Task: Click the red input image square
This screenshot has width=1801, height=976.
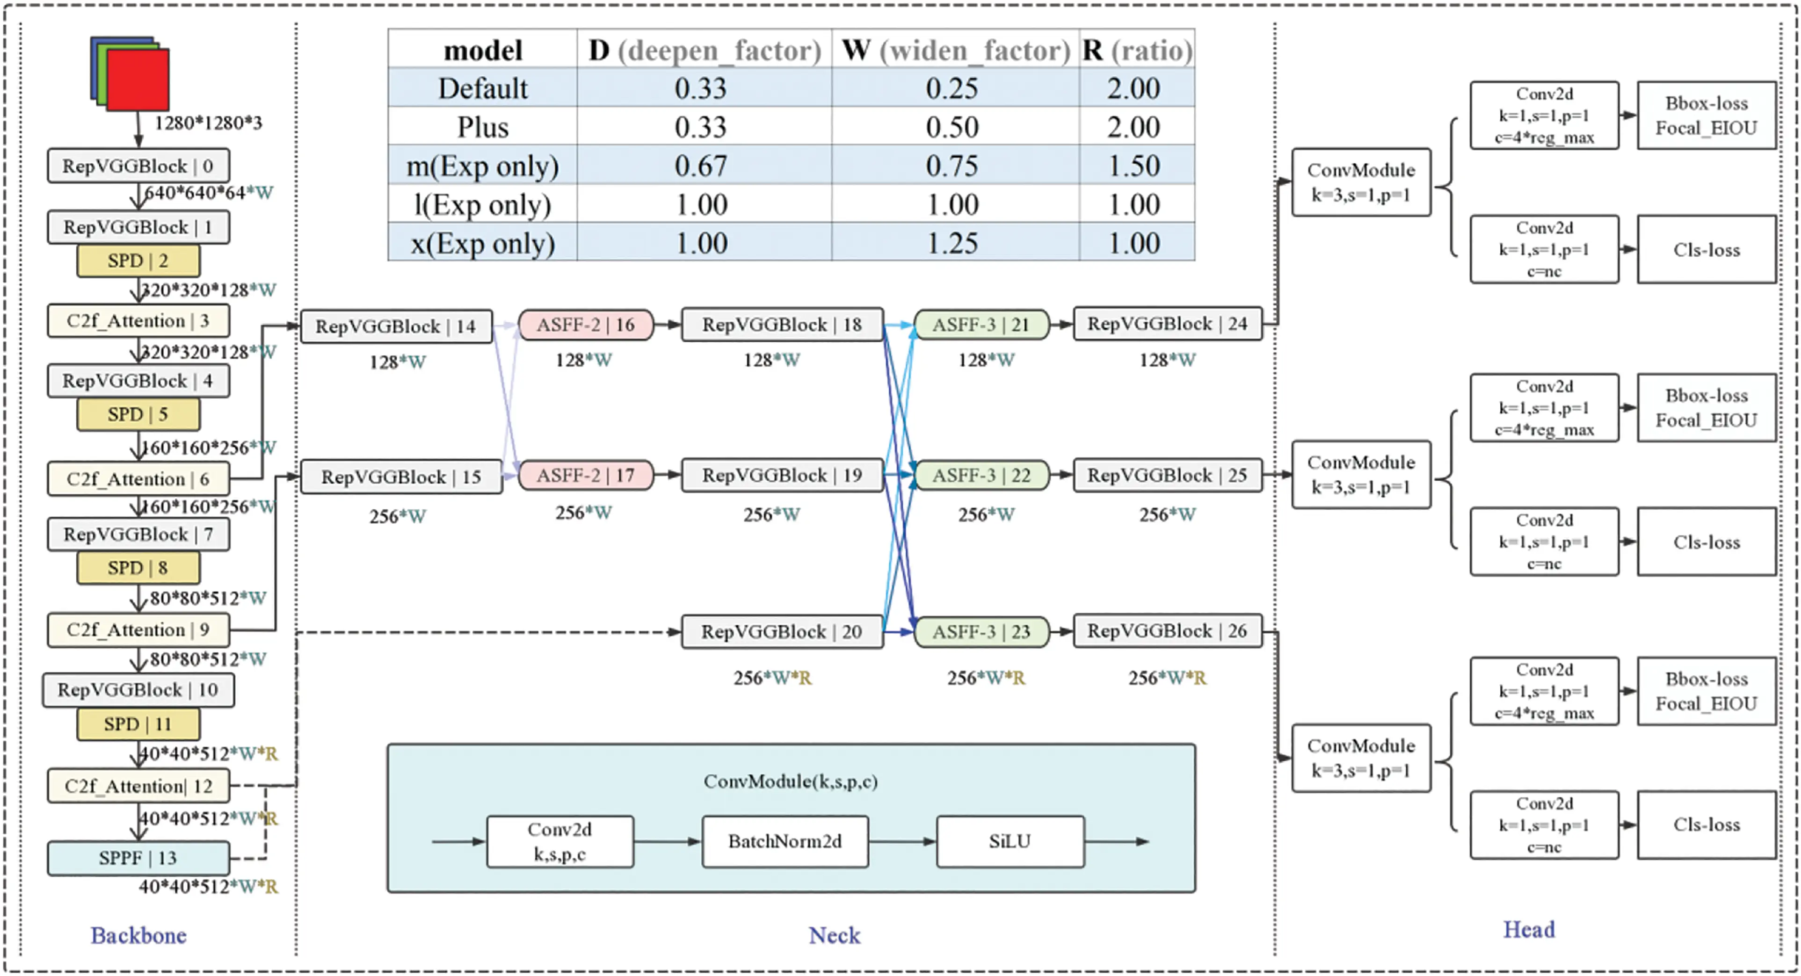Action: tap(138, 80)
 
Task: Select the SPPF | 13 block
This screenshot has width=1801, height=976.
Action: tap(138, 858)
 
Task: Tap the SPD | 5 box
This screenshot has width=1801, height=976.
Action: tap(138, 415)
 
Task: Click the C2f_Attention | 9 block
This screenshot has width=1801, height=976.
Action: tap(138, 630)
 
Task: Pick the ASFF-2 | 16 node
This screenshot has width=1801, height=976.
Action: tap(586, 325)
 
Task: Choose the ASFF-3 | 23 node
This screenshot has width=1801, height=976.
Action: tap(981, 632)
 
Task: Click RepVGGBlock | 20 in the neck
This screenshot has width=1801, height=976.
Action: tap(782, 632)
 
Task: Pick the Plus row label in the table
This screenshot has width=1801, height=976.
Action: tap(482, 127)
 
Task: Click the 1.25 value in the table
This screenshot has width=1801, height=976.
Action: tap(952, 243)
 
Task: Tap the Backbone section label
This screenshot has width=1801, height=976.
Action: tap(138, 935)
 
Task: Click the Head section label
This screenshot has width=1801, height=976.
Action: tap(1529, 930)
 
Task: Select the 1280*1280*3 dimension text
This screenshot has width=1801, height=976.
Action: tap(208, 123)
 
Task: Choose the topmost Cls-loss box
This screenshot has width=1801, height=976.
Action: tap(1706, 250)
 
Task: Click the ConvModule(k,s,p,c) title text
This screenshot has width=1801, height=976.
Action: tap(790, 781)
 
